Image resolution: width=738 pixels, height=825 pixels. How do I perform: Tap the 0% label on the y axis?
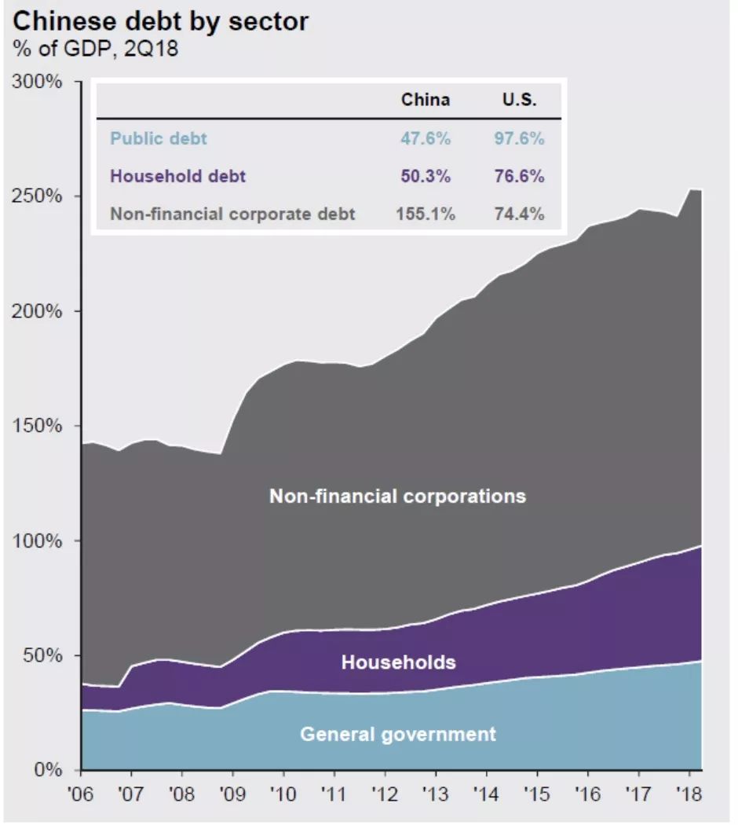pyautogui.click(x=49, y=770)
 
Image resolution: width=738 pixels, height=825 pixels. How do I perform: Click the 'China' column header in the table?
pyautogui.click(x=426, y=100)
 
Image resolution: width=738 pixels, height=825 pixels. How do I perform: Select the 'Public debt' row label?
pyautogui.click(x=159, y=138)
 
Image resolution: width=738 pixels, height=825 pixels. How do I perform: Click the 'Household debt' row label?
pyautogui.click(x=177, y=176)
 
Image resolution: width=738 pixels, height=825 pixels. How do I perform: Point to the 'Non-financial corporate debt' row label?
pyautogui.click(x=232, y=214)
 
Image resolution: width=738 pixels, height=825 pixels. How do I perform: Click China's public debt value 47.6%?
pyautogui.click(x=426, y=138)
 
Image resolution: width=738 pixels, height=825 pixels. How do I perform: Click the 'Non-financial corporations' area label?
pyautogui.click(x=397, y=497)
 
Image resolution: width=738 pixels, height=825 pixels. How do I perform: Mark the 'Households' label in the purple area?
pyautogui.click(x=398, y=662)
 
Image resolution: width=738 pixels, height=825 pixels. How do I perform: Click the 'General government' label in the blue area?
pyautogui.click(x=398, y=735)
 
